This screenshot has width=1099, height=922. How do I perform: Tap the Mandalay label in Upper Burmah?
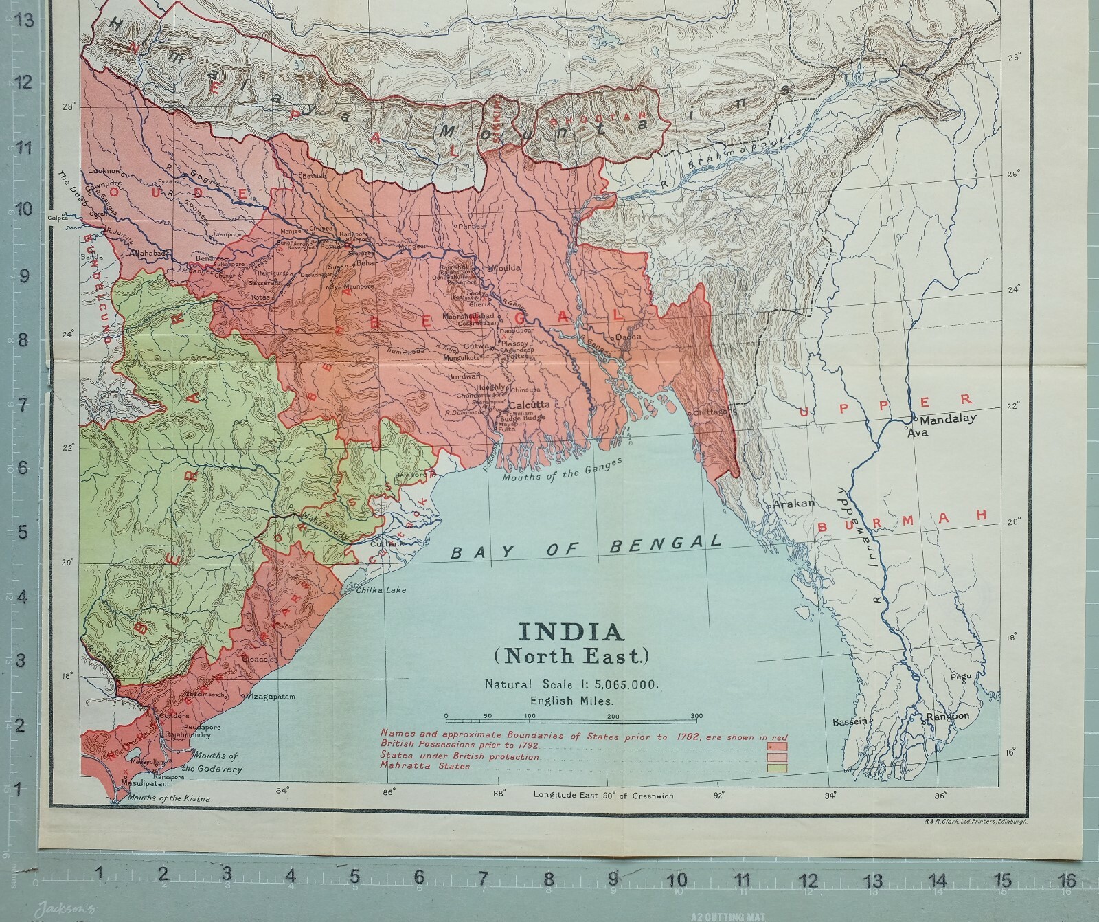click(947, 419)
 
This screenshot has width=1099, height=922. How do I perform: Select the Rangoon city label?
click(948, 716)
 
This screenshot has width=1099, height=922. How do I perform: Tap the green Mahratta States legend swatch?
click(778, 767)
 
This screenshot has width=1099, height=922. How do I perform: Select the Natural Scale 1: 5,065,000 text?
click(571, 684)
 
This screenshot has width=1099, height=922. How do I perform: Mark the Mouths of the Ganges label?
click(562, 471)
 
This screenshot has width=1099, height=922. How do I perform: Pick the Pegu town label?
click(960, 676)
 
